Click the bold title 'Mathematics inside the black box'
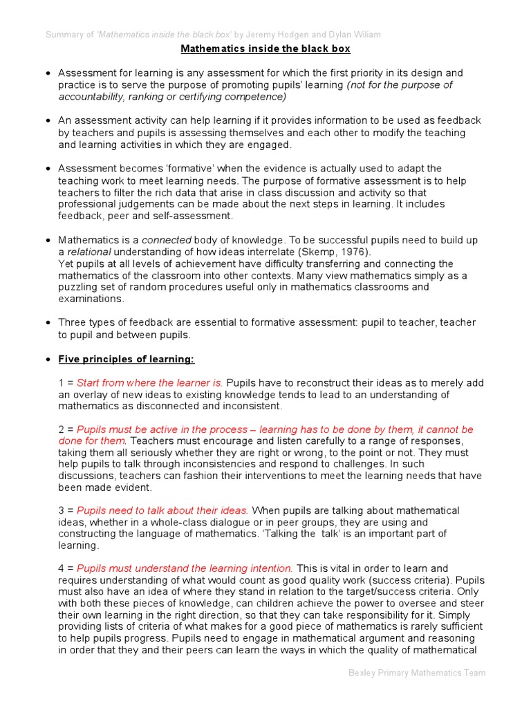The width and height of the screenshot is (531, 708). click(x=265, y=49)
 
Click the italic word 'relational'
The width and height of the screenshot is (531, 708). click(x=89, y=252)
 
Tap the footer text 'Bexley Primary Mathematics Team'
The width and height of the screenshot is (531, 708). click(x=416, y=673)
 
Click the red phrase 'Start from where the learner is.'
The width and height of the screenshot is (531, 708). click(x=150, y=383)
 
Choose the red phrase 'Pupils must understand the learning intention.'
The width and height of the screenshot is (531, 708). click(x=185, y=568)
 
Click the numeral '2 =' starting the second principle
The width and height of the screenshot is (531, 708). click(x=66, y=430)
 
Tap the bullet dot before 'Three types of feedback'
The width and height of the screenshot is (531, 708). click(x=48, y=323)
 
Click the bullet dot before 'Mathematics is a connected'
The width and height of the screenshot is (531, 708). click(x=48, y=241)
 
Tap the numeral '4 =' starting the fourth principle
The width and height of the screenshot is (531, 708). click(x=66, y=568)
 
